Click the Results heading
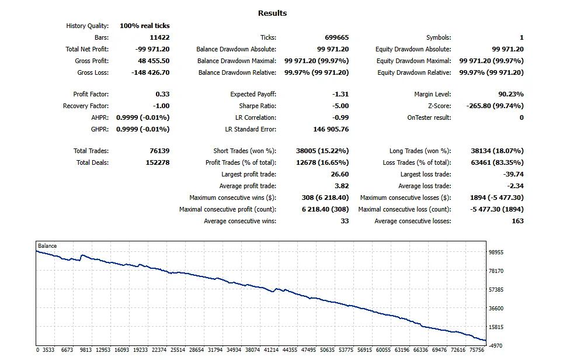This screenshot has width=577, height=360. click(272, 13)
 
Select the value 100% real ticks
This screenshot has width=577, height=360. click(145, 26)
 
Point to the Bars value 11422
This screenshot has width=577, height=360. click(159, 37)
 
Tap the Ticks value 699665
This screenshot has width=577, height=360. click(337, 37)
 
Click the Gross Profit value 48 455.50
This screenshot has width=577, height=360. click(154, 61)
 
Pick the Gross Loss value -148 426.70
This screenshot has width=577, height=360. click(151, 73)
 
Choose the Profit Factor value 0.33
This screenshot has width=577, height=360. click(163, 94)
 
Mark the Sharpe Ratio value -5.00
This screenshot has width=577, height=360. click(340, 106)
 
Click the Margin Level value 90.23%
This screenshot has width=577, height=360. click(511, 94)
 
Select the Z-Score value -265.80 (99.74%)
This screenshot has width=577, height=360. click(495, 106)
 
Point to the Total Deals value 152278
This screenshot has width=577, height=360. click(158, 162)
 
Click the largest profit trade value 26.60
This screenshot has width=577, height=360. click(340, 175)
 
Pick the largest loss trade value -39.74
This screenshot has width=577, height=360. click(513, 175)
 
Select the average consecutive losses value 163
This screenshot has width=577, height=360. click(518, 221)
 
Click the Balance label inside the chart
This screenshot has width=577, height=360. click(47, 246)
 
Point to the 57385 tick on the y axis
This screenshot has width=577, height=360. click(496, 290)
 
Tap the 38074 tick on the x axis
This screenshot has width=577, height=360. click(253, 350)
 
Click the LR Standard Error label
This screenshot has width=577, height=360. click(251, 130)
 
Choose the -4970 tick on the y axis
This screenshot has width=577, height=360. click(495, 346)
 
